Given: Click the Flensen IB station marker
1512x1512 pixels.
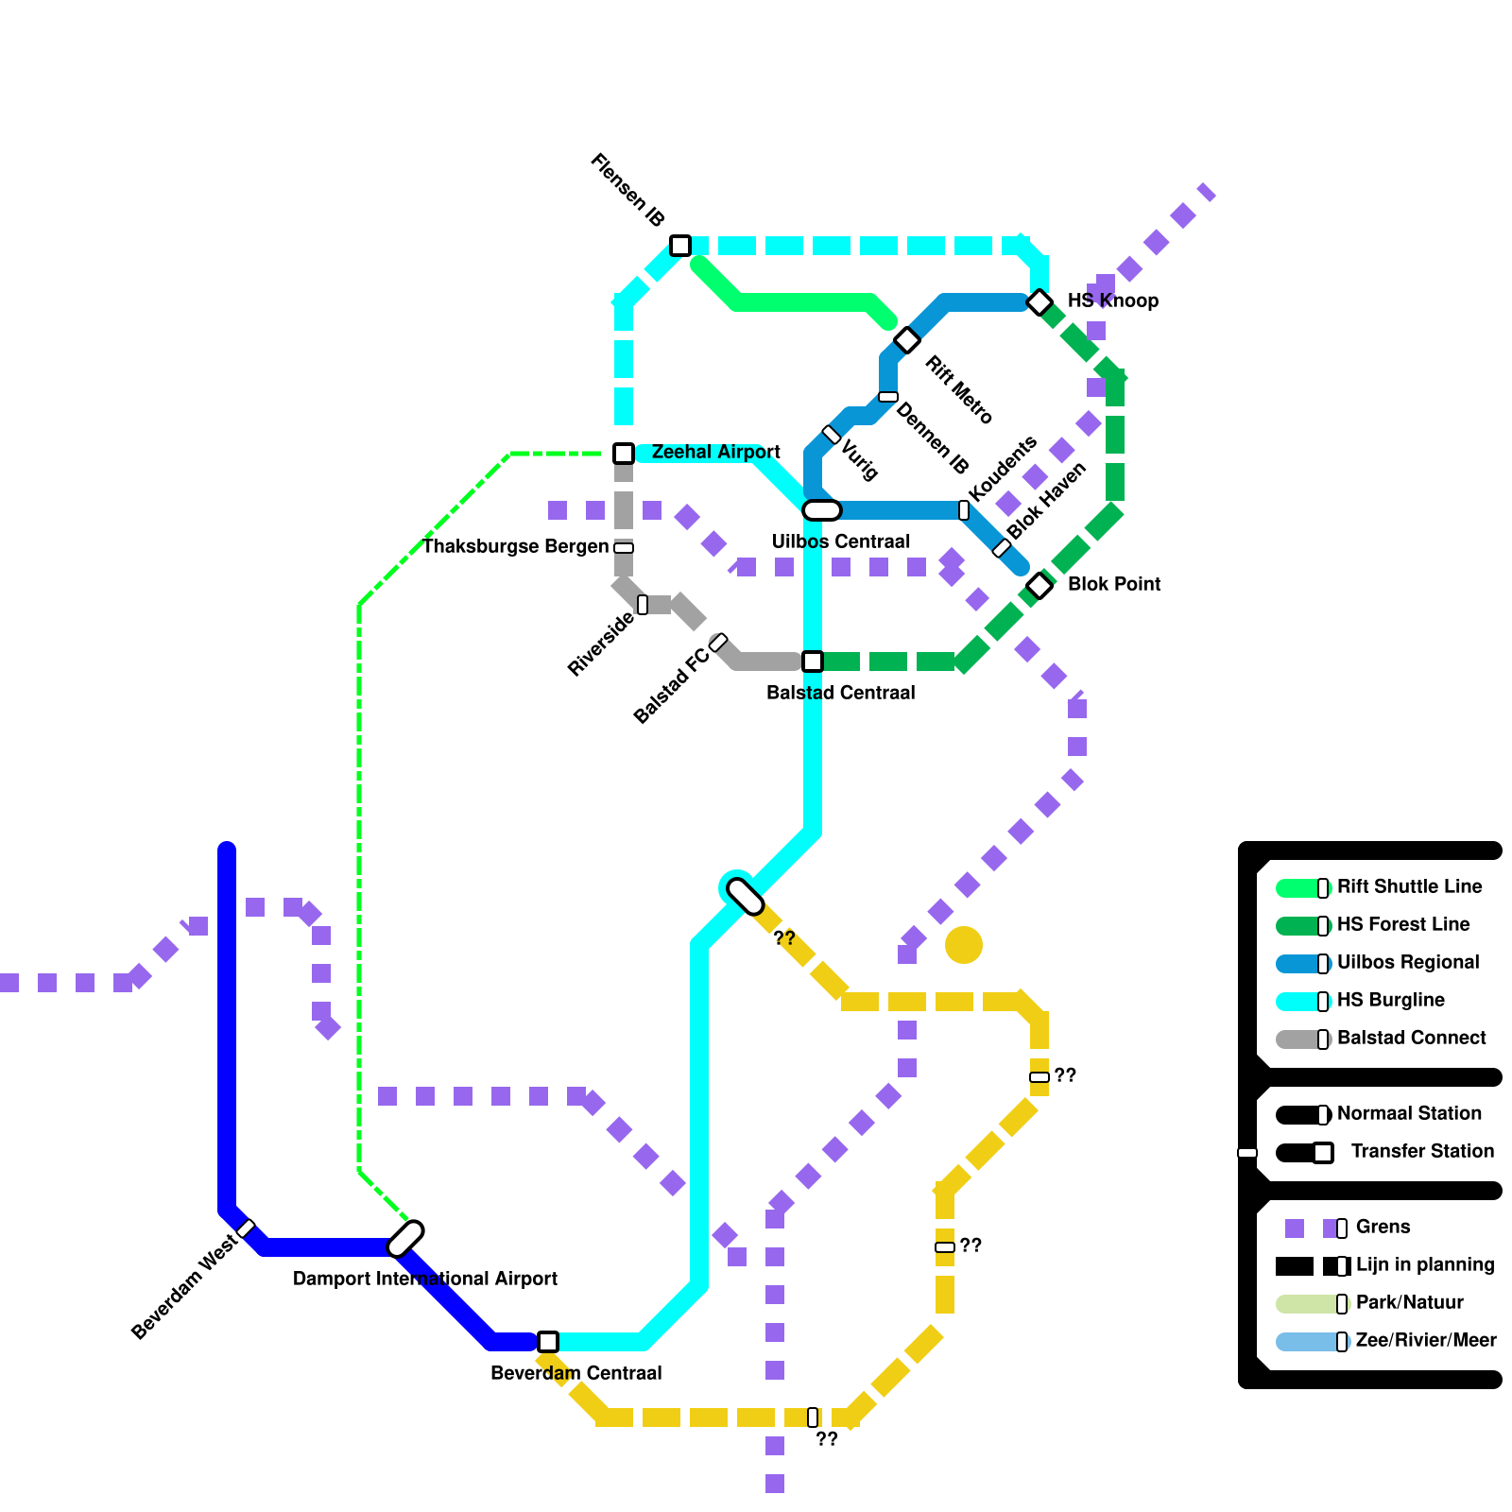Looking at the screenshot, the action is pyautogui.click(x=680, y=246).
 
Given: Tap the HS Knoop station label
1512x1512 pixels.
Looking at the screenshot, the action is pyautogui.click(x=1112, y=301).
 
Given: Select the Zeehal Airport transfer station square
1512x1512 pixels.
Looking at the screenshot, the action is pyautogui.click(x=624, y=454).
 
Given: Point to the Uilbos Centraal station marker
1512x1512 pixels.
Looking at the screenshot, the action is pyautogui.click(x=821, y=510).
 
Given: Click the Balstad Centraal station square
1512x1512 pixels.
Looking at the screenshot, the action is pyautogui.click(x=813, y=661).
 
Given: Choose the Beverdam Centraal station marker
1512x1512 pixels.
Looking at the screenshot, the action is pyautogui.click(x=548, y=1342).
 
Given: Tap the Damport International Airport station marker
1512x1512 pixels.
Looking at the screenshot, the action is pyautogui.click(x=406, y=1238).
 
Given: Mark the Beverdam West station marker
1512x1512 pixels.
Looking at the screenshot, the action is pyautogui.click(x=246, y=1228).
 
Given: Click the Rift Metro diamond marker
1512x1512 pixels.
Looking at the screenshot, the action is pyautogui.click(x=907, y=340).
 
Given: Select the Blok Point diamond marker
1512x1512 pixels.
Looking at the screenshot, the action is pyautogui.click(x=1039, y=586).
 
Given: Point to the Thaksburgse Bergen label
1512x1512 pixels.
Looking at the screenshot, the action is pyautogui.click(x=515, y=547).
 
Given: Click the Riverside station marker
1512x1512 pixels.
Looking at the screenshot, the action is pyautogui.click(x=643, y=605).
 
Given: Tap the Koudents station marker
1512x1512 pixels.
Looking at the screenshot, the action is pyautogui.click(x=964, y=510).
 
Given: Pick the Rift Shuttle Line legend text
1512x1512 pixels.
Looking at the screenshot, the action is pyautogui.click(x=1409, y=887).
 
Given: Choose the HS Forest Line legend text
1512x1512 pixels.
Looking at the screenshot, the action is pyautogui.click(x=1403, y=925).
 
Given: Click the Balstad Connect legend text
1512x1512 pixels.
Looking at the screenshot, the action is pyautogui.click(x=1411, y=1039).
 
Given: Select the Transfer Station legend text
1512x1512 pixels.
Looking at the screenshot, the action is pyautogui.click(x=1422, y=1152).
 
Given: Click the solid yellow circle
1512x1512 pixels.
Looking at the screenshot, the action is pyautogui.click(x=964, y=945).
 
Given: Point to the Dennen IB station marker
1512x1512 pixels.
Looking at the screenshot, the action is pyautogui.click(x=888, y=397).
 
